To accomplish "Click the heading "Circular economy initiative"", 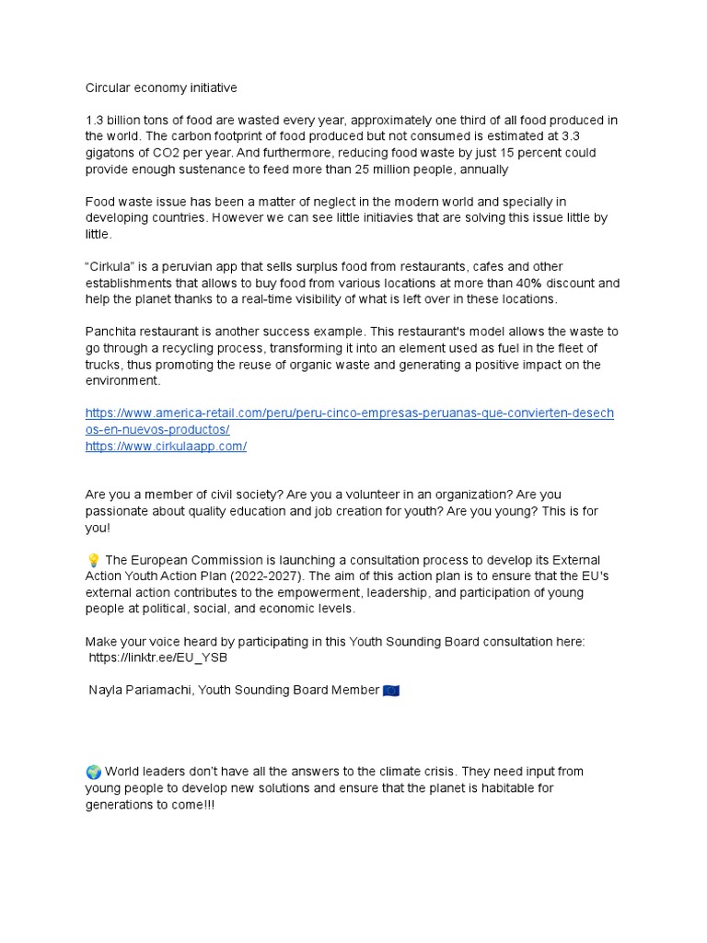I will point(161,88).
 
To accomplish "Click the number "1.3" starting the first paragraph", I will point(95,121).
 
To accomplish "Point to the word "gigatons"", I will point(110,153).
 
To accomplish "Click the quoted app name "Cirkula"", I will point(113,267).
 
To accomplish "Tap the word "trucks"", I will point(105,364).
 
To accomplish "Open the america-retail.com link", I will point(349,413).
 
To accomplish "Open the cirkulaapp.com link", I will point(166,446).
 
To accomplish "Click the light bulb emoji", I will point(92,560).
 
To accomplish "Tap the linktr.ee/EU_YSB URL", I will point(158,658).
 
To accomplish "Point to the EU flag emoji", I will point(391,690).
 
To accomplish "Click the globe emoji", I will point(93,771).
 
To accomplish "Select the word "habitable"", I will point(482,788).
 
